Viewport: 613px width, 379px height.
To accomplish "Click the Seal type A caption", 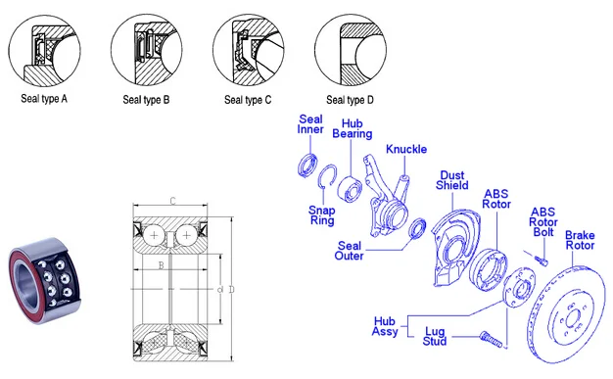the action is pyautogui.click(x=44, y=99).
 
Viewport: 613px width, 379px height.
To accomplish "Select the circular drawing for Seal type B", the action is pyautogui.click(x=147, y=50).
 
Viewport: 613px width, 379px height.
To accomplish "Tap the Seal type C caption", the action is pyautogui.click(x=248, y=100).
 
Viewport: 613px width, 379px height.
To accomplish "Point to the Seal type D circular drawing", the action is pyautogui.click(x=351, y=50).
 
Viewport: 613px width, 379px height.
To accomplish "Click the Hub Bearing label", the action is pyautogui.click(x=353, y=128).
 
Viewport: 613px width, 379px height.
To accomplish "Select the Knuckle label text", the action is pyautogui.click(x=406, y=149).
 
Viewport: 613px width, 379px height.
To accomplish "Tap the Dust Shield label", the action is pyautogui.click(x=452, y=180).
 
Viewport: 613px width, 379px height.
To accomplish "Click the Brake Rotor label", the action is pyautogui.click(x=580, y=240).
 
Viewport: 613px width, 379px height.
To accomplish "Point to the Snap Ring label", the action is pyautogui.click(x=322, y=215).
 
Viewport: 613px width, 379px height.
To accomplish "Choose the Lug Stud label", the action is pyautogui.click(x=435, y=336).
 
